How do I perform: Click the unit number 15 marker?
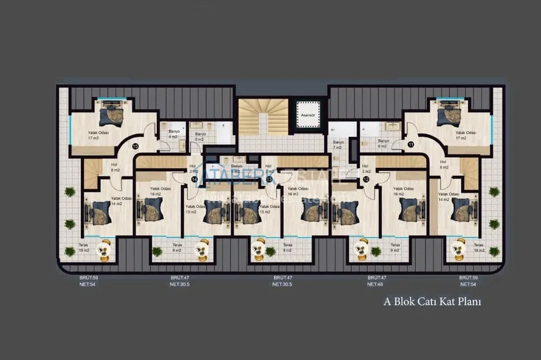click(x=135, y=146)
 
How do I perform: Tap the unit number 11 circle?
click(x=411, y=146)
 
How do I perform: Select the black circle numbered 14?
click(x=194, y=179)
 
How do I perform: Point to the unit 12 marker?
click(x=366, y=179)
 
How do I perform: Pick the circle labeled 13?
click(x=270, y=179)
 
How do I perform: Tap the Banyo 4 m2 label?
click(x=173, y=135)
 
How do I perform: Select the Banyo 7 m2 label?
click(x=338, y=144)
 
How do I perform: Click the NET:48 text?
click(x=375, y=284)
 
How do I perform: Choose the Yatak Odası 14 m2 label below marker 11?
click(x=449, y=197)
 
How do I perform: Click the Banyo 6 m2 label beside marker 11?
click(x=383, y=143)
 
